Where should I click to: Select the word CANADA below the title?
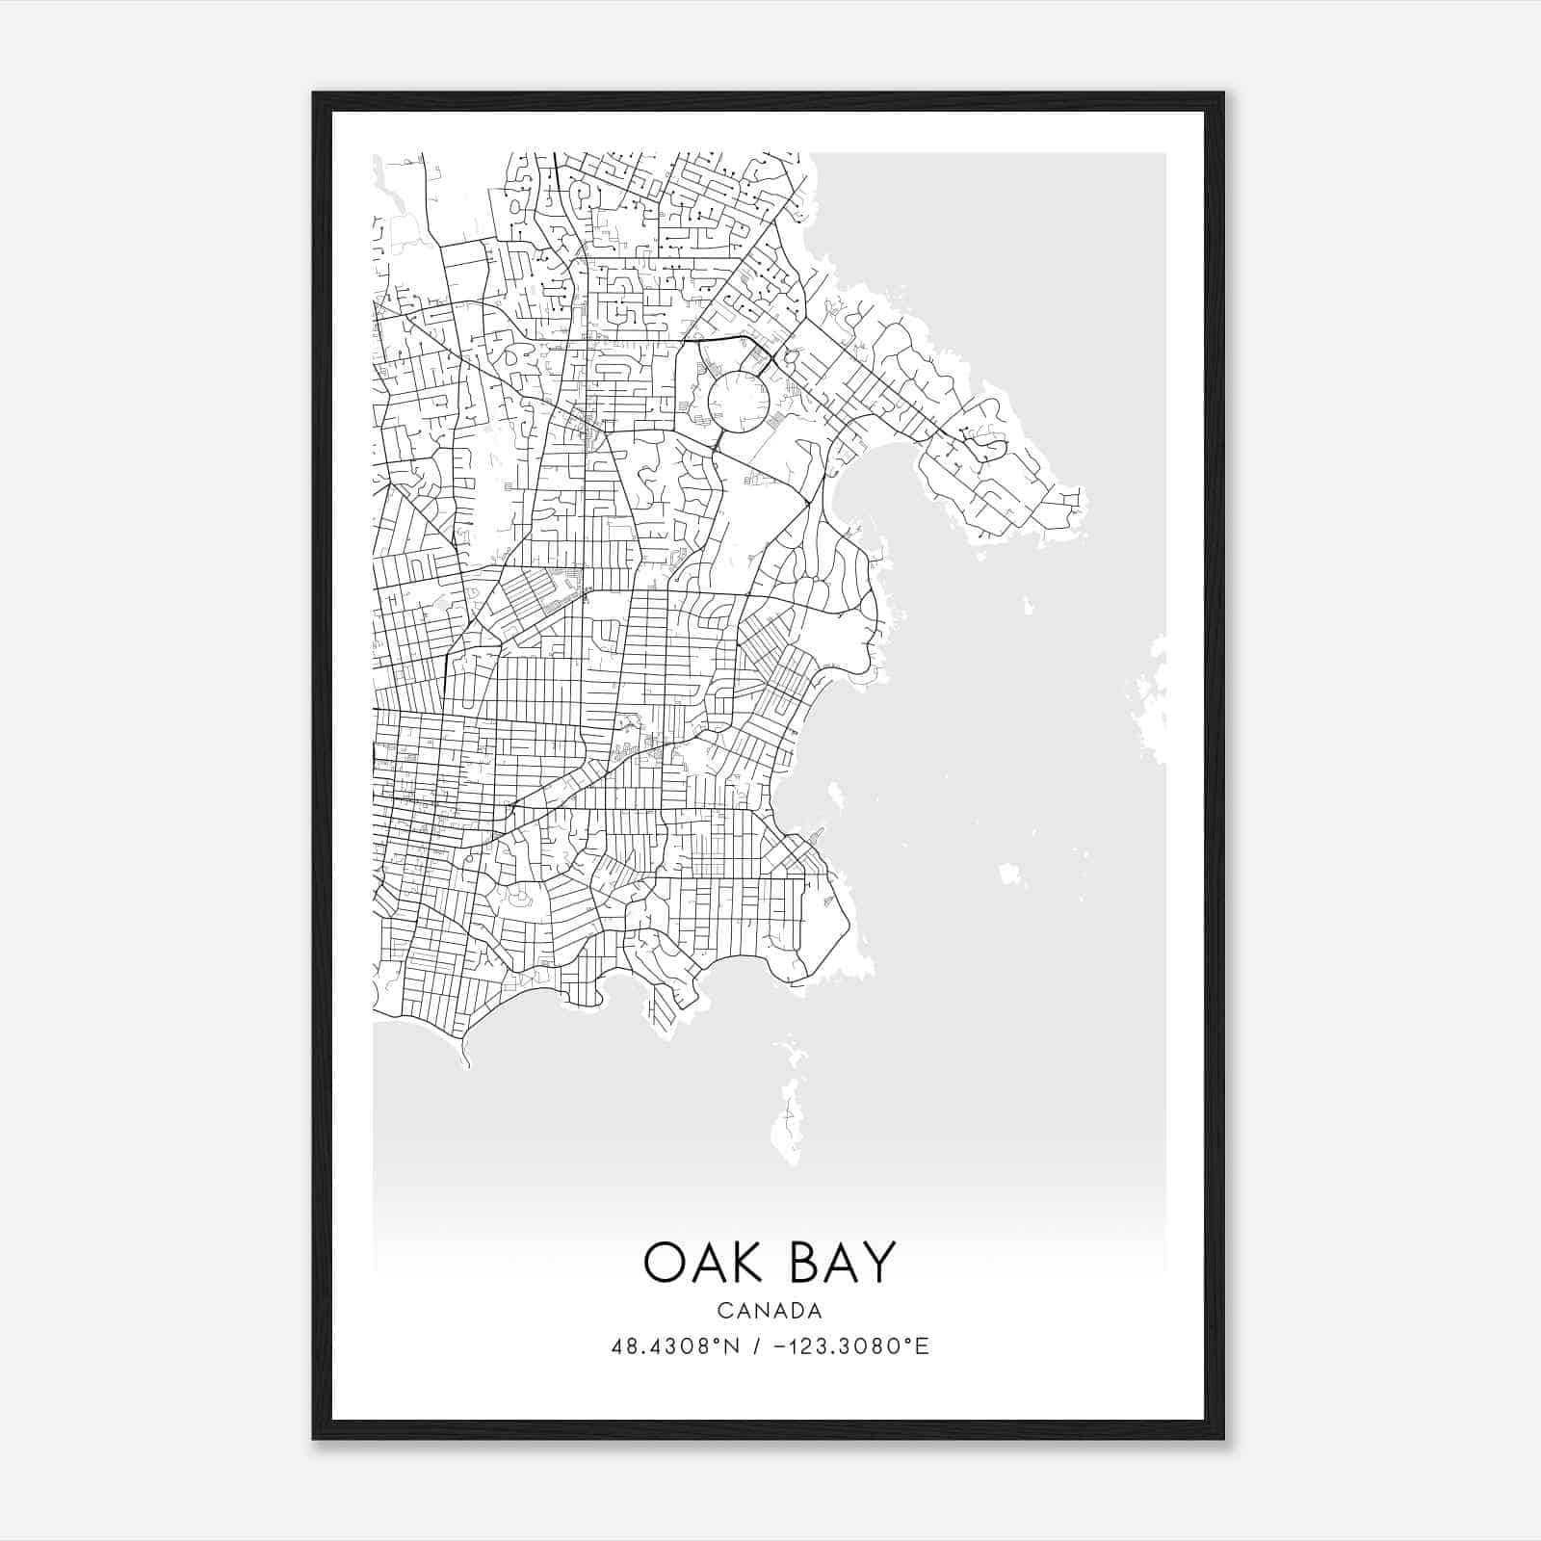pos(770,1311)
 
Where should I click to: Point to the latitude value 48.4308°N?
pos(675,1346)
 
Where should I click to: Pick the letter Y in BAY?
pos(879,1262)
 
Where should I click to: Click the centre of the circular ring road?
pos(738,399)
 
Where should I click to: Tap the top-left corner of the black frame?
pos(315,94)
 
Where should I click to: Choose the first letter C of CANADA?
pos(723,1311)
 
